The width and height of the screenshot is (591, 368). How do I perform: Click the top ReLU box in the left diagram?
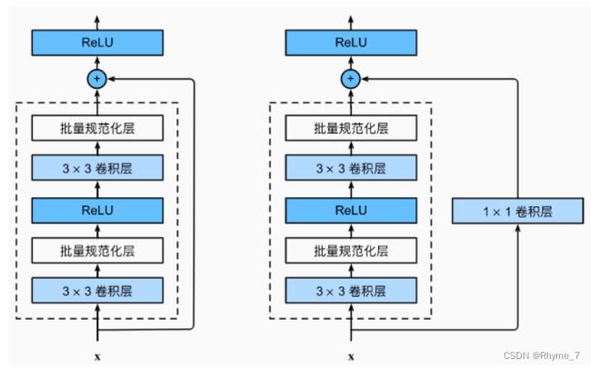(97, 43)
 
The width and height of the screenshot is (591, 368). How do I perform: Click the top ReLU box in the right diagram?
(351, 43)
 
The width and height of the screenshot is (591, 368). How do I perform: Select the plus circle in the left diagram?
(97, 79)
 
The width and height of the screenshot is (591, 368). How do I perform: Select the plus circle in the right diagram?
(351, 79)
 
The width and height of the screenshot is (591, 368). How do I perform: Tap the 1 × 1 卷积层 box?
(518, 211)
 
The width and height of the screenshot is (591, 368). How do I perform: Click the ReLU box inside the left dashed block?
(97, 211)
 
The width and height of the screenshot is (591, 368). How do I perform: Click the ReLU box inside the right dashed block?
(351, 211)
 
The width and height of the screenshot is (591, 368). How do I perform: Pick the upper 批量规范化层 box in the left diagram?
(97, 128)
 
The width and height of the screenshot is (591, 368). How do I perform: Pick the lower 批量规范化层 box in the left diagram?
(97, 251)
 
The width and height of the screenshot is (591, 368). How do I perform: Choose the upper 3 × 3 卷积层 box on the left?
(97, 167)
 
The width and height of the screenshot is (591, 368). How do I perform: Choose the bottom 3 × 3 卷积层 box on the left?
(97, 291)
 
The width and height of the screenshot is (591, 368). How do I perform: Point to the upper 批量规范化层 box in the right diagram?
(351, 128)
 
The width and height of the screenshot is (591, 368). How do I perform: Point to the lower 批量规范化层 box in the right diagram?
(351, 251)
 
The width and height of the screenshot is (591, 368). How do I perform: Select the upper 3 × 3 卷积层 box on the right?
(351, 167)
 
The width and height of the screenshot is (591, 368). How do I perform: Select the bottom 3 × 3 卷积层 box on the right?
(351, 291)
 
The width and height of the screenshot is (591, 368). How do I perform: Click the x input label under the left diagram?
(97, 356)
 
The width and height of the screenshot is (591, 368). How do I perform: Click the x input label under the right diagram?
(351, 356)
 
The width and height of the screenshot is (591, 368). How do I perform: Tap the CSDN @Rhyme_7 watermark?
(542, 355)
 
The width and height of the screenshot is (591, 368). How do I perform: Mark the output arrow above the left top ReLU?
(97, 23)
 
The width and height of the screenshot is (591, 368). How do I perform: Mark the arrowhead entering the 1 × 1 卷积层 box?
(517, 227)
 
